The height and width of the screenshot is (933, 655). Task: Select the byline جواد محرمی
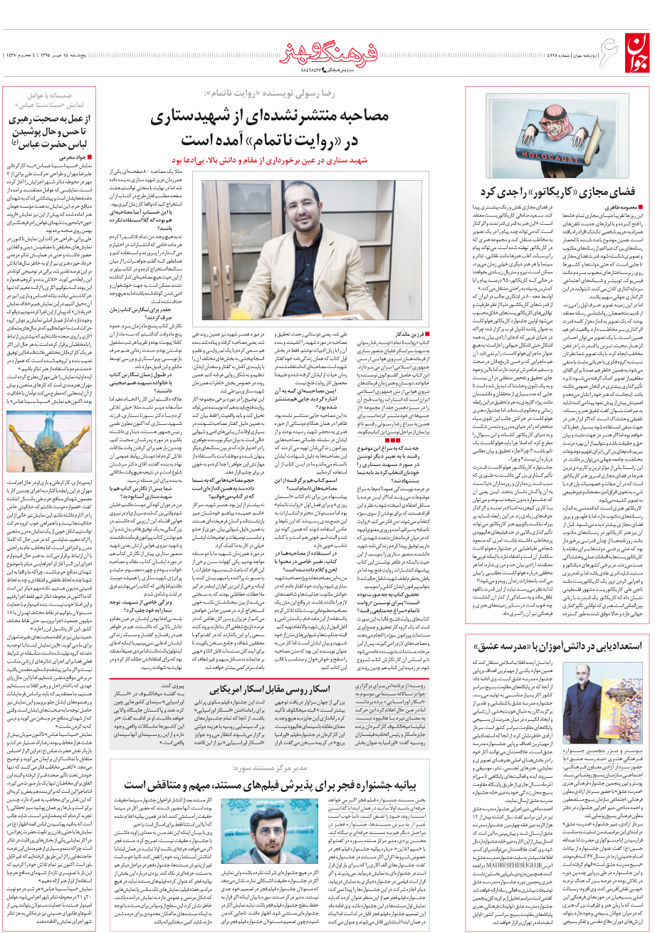point(74,157)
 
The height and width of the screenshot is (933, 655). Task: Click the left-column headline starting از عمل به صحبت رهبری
point(58,128)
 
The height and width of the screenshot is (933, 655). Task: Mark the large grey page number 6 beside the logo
point(604,39)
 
